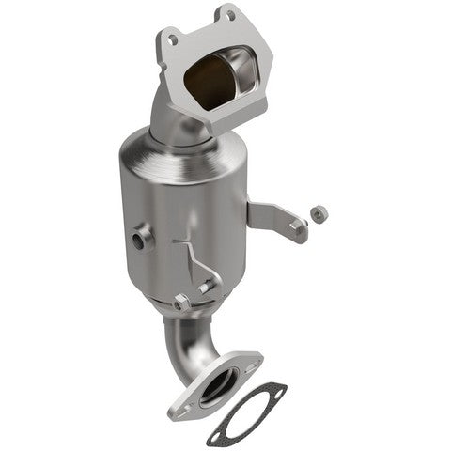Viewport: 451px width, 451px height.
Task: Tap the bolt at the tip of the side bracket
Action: pos(299,225)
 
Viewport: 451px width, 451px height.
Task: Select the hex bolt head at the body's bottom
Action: pos(181,303)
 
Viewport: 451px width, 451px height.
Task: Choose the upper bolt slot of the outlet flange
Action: pos(249,361)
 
